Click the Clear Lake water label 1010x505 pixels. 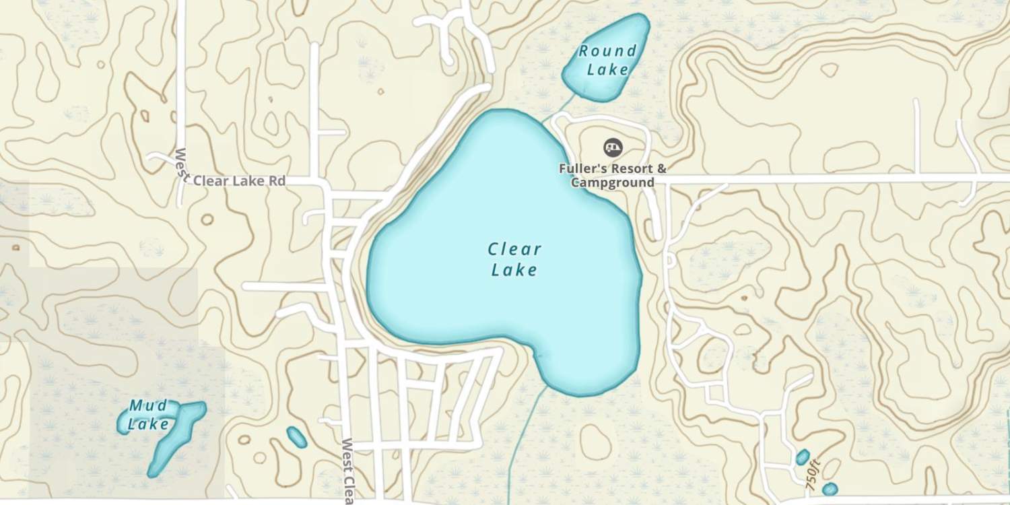514,260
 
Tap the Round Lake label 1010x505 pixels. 607,60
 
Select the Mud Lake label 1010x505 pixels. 148,415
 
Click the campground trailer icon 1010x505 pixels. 612,146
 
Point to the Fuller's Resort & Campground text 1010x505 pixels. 613,175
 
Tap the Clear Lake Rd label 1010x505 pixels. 239,181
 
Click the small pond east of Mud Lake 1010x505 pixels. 296,438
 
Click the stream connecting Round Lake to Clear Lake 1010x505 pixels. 559,108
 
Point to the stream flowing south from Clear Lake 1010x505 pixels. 522,438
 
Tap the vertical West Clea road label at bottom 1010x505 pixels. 348,471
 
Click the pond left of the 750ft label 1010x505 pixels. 802,458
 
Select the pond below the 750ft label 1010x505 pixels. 830,489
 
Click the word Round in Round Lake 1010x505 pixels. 607,51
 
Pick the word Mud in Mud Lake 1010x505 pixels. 148,406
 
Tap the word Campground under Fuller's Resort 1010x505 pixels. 613,182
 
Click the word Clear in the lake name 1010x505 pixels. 514,250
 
